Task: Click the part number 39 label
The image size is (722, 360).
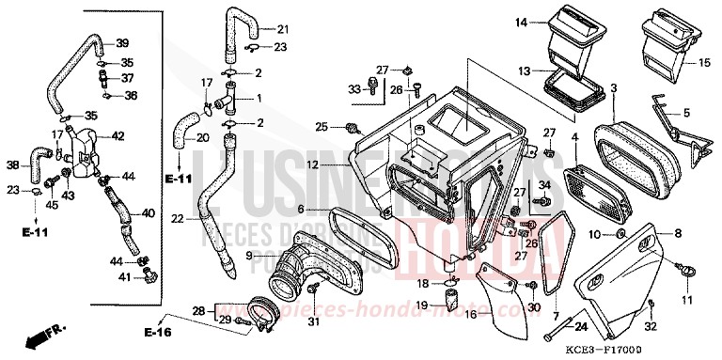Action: click(122, 43)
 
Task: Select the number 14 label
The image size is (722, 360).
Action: click(520, 21)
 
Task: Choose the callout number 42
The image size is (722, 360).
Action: click(119, 135)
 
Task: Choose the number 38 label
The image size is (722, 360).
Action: click(12, 165)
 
